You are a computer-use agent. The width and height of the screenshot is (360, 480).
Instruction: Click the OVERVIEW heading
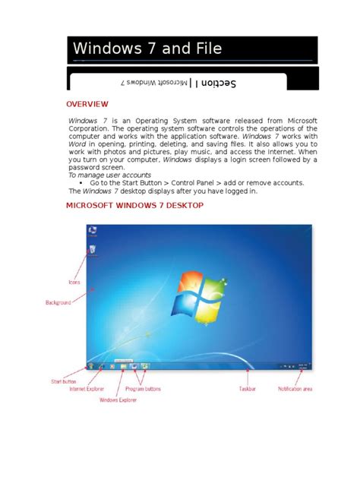(87, 103)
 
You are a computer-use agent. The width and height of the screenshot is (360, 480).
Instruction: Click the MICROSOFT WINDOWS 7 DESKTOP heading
(134, 205)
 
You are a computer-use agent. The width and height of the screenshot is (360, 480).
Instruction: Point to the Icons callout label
(74, 282)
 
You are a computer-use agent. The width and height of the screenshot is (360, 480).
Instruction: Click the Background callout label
(58, 302)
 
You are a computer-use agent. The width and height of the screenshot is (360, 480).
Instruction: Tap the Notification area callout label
(296, 389)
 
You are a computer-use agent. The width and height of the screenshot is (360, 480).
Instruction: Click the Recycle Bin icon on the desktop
(92, 248)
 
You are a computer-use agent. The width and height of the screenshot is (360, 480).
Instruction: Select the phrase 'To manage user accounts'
(109, 175)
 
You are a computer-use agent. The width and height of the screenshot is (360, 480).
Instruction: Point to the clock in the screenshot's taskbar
(302, 365)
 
